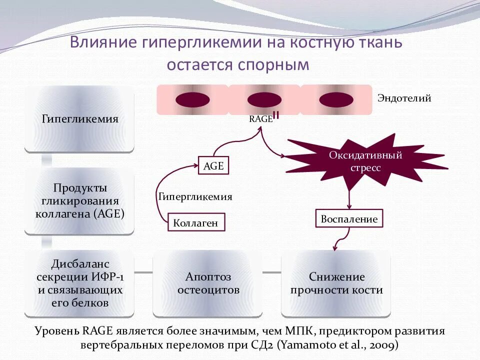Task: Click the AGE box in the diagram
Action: point(213,165)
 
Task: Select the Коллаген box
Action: point(196,222)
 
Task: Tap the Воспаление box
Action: point(349,219)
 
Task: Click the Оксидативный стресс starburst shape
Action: point(365,161)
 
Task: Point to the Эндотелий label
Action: point(404,98)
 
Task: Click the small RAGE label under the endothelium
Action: point(260,119)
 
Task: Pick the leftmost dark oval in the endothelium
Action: point(192,99)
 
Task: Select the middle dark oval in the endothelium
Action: point(263,99)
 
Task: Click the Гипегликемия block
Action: point(79,119)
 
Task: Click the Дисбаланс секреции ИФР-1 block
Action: point(79,283)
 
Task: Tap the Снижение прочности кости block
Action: point(336,283)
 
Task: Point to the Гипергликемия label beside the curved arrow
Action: point(195,196)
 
